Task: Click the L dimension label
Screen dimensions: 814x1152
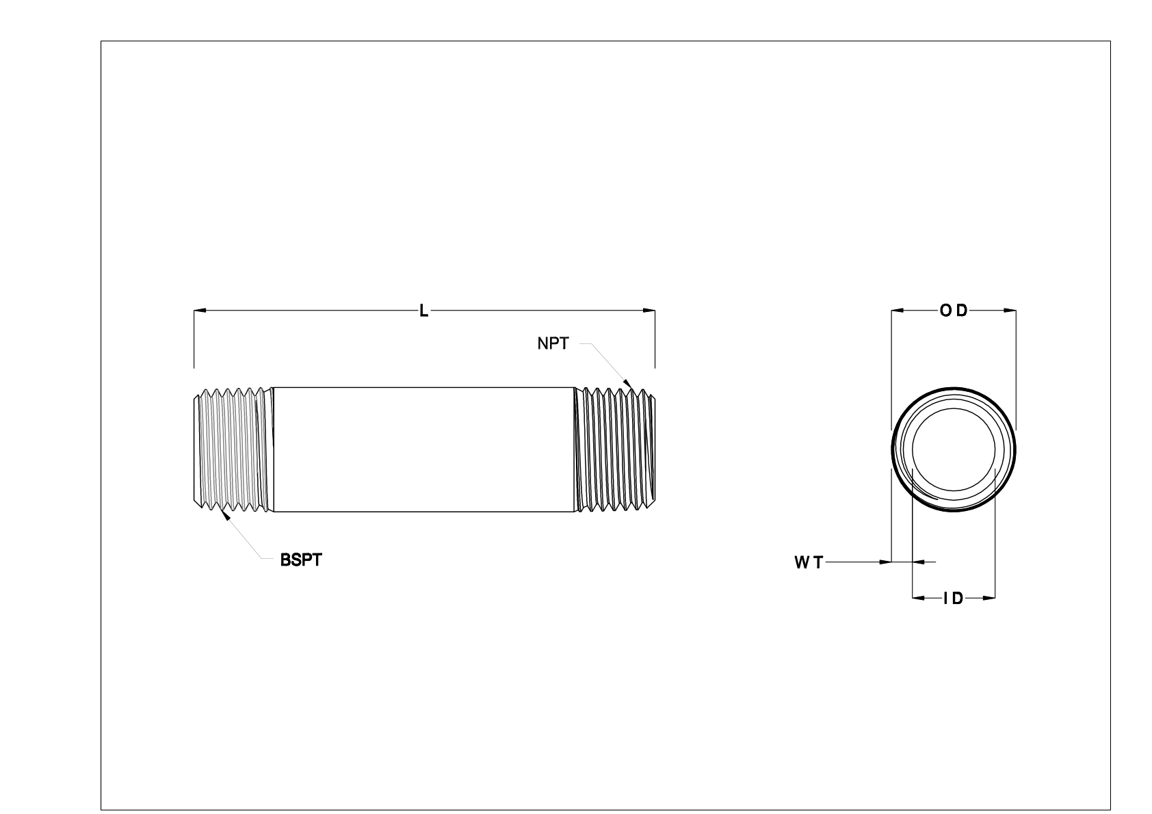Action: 424,311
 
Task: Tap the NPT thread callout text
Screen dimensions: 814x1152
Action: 553,344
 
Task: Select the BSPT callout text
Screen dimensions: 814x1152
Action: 300,560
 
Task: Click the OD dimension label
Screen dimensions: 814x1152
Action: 954,311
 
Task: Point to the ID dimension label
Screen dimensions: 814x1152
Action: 953,599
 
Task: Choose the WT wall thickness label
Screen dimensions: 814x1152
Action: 809,562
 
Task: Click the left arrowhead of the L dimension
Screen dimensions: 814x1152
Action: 200,311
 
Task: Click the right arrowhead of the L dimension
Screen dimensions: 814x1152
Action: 650,311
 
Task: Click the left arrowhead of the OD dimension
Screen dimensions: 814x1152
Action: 897,311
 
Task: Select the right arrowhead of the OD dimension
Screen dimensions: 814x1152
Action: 1010,311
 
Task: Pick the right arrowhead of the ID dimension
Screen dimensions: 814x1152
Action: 989,599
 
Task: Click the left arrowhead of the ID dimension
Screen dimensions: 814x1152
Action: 918,599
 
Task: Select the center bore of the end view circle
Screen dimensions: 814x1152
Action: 954,449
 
